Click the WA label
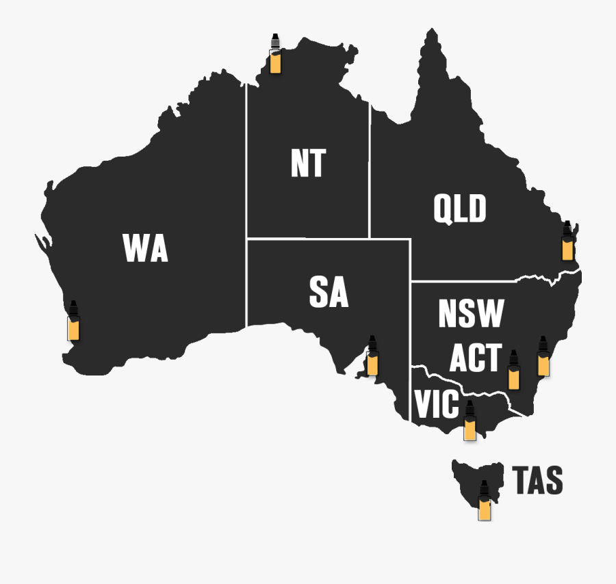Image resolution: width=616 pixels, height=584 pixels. (x=145, y=248)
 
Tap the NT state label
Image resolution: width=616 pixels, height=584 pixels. (x=308, y=163)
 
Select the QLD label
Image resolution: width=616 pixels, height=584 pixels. (x=460, y=209)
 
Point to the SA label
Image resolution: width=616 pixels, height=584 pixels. (x=329, y=293)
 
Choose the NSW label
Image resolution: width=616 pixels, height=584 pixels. (x=471, y=314)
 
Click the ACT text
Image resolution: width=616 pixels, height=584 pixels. (x=475, y=358)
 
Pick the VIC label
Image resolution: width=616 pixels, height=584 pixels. (x=436, y=404)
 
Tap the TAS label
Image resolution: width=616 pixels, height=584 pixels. (x=538, y=481)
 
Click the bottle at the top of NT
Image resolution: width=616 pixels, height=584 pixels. (x=274, y=53)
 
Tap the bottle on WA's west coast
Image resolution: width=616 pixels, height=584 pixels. (x=73, y=321)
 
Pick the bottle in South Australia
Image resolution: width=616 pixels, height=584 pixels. (x=372, y=356)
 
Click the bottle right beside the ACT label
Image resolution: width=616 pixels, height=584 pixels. (x=513, y=370)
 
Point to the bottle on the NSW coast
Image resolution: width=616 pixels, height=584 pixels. (x=543, y=356)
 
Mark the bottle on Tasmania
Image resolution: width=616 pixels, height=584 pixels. (x=485, y=501)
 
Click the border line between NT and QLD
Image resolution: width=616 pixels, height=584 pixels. (x=370, y=171)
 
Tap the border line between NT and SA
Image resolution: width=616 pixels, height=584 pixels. (x=308, y=239)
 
